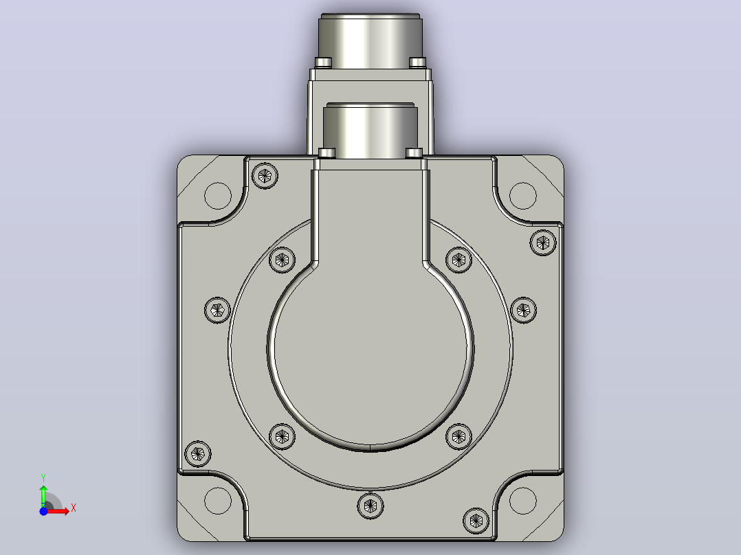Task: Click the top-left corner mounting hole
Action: pos(218,196)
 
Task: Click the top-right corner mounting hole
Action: pos(523,196)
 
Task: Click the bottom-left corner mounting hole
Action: pos(218,501)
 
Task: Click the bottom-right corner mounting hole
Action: pos(523,501)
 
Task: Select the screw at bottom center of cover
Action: pos(370,506)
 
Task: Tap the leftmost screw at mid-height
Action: pos(217,310)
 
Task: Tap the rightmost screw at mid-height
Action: pos(524,310)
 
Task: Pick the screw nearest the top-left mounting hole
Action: pos(265,176)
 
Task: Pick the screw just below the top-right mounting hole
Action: pos(544,242)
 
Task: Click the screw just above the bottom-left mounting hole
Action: pos(197,454)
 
